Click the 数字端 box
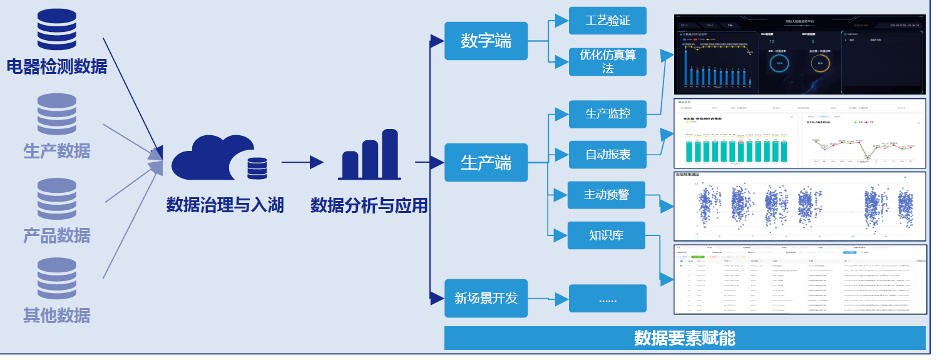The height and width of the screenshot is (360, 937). tap(486, 41)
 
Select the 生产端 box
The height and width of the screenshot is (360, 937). tap(486, 163)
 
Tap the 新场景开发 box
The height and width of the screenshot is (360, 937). tap(486, 298)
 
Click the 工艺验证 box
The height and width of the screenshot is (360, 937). tap(607, 21)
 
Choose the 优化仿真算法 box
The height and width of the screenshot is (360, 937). tap(607, 61)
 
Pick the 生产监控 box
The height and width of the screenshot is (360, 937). tap(607, 113)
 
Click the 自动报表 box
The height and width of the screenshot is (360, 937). tap(607, 154)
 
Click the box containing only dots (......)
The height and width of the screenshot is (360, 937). tap(607, 298)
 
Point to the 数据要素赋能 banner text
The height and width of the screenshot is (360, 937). tap(684, 338)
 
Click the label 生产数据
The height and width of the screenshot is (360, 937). tap(56, 151)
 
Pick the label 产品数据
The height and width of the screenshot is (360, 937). tap(56, 235)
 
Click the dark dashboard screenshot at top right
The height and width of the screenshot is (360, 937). tap(799, 55)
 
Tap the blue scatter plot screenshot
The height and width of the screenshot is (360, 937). tap(799, 207)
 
